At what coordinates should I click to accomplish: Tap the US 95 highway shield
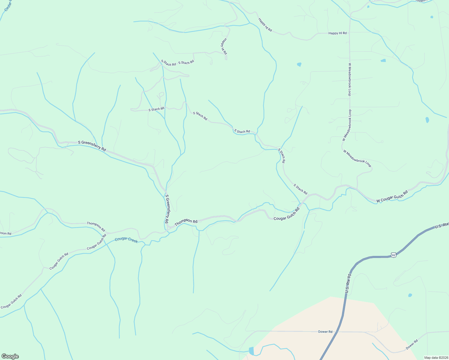pyautogui.click(x=394, y=255)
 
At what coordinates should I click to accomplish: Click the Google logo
pyautogui.click(x=10, y=356)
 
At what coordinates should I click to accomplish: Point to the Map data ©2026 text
pyautogui.click(x=436, y=358)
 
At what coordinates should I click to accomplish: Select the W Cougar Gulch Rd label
pyautogui.click(x=392, y=196)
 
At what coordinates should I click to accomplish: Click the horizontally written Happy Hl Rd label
pyautogui.click(x=337, y=33)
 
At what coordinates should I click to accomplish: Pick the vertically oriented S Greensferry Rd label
pyautogui.click(x=167, y=209)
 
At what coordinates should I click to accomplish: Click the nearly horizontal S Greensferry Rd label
pyautogui.click(x=92, y=145)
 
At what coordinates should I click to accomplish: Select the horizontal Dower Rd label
pyautogui.click(x=325, y=331)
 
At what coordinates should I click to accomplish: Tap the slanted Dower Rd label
pyautogui.click(x=411, y=345)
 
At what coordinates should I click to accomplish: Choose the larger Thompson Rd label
pyautogui.click(x=186, y=223)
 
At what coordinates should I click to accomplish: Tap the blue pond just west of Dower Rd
pyautogui.click(x=251, y=350)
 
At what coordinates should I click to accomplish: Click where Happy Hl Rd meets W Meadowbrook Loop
pyautogui.click(x=350, y=33)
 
